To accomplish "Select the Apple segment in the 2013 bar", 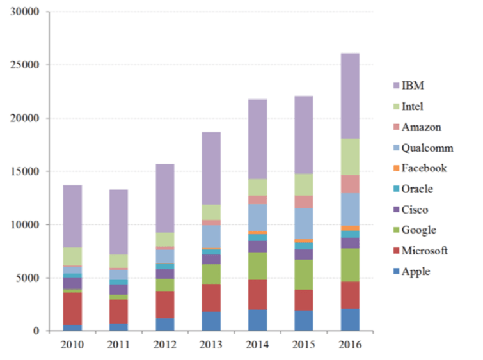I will [211, 321].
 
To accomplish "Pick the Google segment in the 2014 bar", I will [258, 266].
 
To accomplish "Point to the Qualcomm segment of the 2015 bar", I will [304, 223].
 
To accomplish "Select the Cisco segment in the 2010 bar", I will [72, 283].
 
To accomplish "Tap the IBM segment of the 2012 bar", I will [165, 198].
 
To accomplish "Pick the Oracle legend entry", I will [417, 189].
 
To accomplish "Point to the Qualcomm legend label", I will [427, 148].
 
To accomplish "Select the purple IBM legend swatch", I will [396, 86].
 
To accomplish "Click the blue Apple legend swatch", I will [396, 272].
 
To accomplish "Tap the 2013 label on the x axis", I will [211, 345].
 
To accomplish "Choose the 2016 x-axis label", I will [350, 345].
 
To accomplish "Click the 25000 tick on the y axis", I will [26, 65].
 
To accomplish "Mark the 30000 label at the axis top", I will [26, 12].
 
